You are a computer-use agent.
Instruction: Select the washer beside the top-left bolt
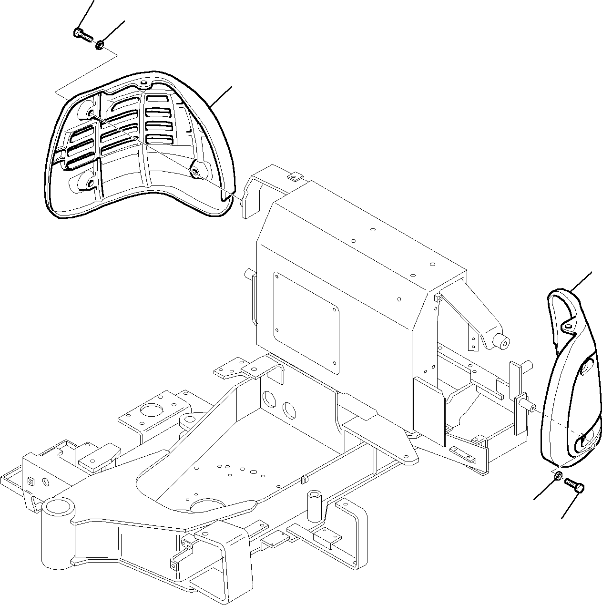[x=100, y=45]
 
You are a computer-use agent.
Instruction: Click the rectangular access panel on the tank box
[x=306, y=322]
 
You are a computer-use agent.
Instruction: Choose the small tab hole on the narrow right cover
[x=566, y=326]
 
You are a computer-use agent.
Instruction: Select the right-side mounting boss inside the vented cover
[x=195, y=170]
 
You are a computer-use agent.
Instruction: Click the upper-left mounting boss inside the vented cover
[x=91, y=113]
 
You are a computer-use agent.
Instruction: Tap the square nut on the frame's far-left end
[x=30, y=481]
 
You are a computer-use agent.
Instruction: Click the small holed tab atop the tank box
[x=293, y=177]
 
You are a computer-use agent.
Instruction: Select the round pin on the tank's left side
[x=248, y=274]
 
